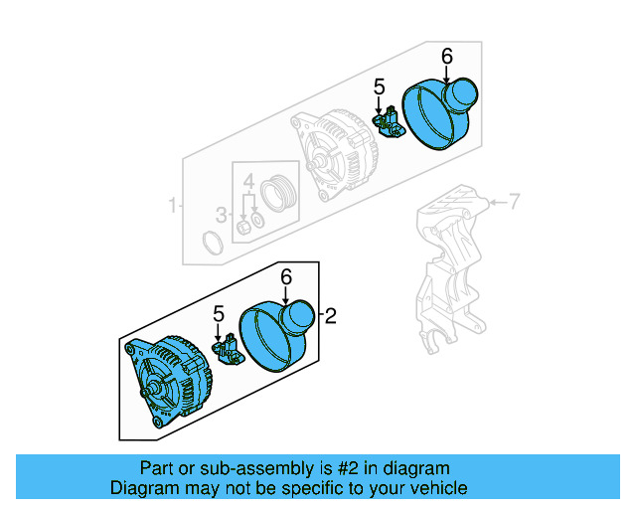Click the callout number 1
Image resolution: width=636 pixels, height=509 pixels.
click(x=172, y=206)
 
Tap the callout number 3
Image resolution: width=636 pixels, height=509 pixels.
click(x=222, y=214)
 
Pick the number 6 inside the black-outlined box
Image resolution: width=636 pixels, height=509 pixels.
click(x=286, y=278)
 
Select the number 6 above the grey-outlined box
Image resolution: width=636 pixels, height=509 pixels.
click(x=446, y=58)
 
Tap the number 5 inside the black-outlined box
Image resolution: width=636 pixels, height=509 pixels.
click(x=219, y=314)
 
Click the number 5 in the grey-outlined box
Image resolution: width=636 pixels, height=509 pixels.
click(x=379, y=88)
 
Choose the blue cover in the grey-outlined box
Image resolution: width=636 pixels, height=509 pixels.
click(x=439, y=112)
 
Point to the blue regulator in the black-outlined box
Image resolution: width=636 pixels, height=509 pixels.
click(x=231, y=349)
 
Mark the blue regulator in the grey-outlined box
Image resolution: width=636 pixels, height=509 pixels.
click(x=389, y=124)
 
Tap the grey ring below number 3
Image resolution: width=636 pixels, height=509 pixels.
click(x=212, y=243)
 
